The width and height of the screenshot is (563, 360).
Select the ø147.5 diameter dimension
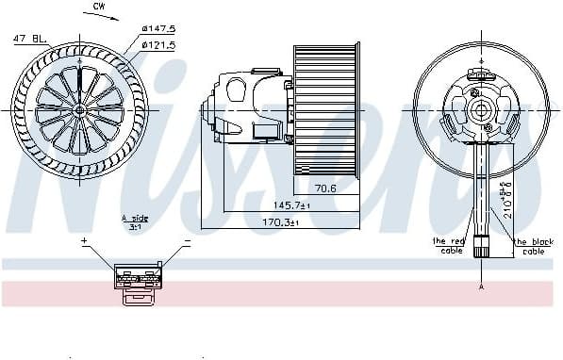[159, 29]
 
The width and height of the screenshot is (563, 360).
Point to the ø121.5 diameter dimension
[159, 43]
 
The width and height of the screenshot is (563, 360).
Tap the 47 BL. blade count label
[30, 38]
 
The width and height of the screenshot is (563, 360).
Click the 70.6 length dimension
[325, 188]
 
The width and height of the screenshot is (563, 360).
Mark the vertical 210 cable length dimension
[506, 193]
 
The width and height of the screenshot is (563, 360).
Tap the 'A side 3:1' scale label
[136, 221]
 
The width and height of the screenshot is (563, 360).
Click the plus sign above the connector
[83, 241]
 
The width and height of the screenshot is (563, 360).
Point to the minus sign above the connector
[186, 241]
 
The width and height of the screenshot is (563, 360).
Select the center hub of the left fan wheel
[80, 108]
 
